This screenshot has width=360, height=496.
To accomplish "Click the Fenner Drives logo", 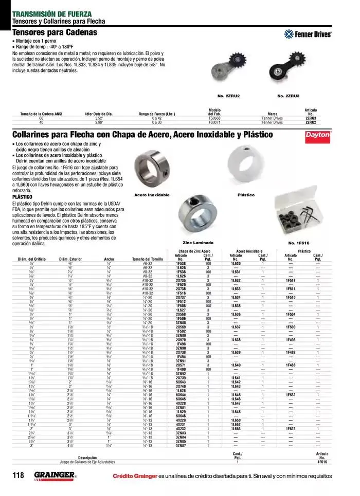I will point(308,34).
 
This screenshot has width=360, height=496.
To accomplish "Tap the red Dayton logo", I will point(318,135).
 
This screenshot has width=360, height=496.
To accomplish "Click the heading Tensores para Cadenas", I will point(55,32).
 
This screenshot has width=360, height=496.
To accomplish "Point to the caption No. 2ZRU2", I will point(229,96).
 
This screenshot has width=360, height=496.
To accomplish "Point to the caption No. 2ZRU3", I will point(288,96).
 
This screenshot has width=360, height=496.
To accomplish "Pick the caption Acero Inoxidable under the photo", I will point(152,195).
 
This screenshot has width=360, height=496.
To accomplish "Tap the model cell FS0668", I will point(214,118).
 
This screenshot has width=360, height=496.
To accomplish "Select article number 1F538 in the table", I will point(181,263).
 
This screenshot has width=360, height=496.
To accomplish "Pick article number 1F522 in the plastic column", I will point(291,428).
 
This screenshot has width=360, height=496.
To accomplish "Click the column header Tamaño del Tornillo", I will point(148,259).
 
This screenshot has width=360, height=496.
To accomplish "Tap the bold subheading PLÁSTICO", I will point(22,197).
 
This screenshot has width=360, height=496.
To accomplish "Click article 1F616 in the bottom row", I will point(322,462).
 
